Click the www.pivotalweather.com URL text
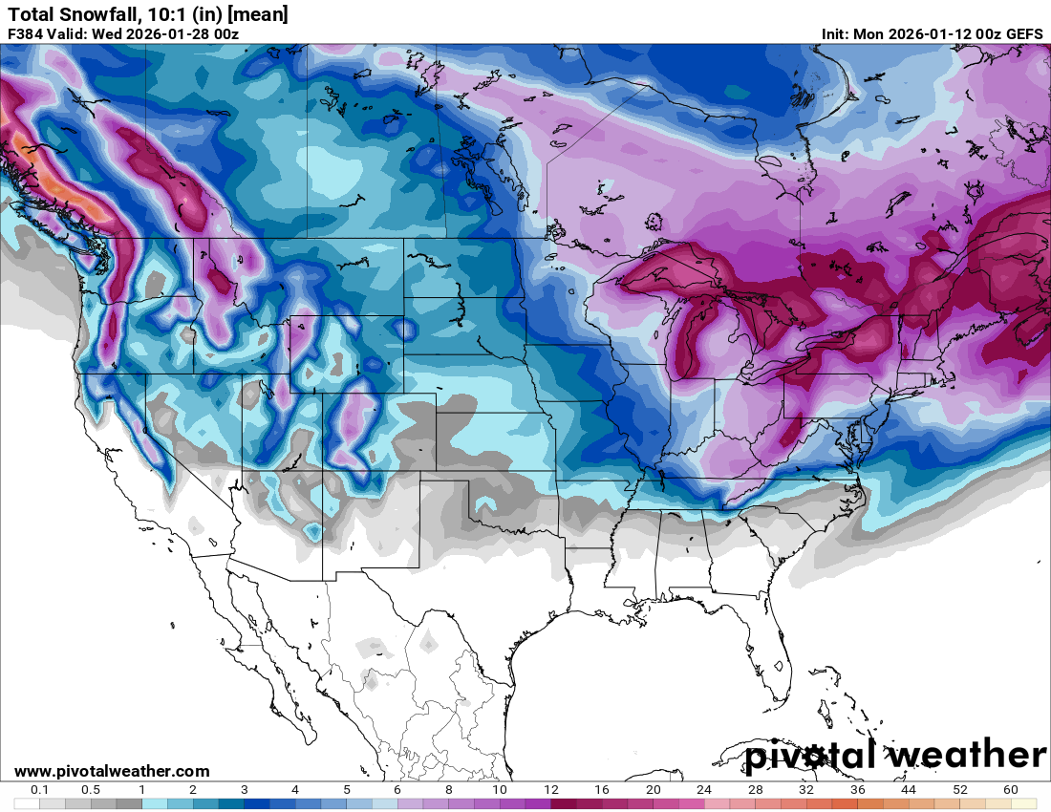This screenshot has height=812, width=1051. coord(112,771)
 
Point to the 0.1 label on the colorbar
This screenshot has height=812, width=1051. coord(40,790)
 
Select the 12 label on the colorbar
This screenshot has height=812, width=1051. coord(551,790)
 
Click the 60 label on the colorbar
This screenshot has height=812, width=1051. coord(1011,790)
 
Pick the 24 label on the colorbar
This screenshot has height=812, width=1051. coord(704,790)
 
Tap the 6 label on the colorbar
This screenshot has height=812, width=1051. coord(397,790)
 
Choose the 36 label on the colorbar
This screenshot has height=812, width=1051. coord(858,790)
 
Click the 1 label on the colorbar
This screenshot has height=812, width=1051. coord(141,790)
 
